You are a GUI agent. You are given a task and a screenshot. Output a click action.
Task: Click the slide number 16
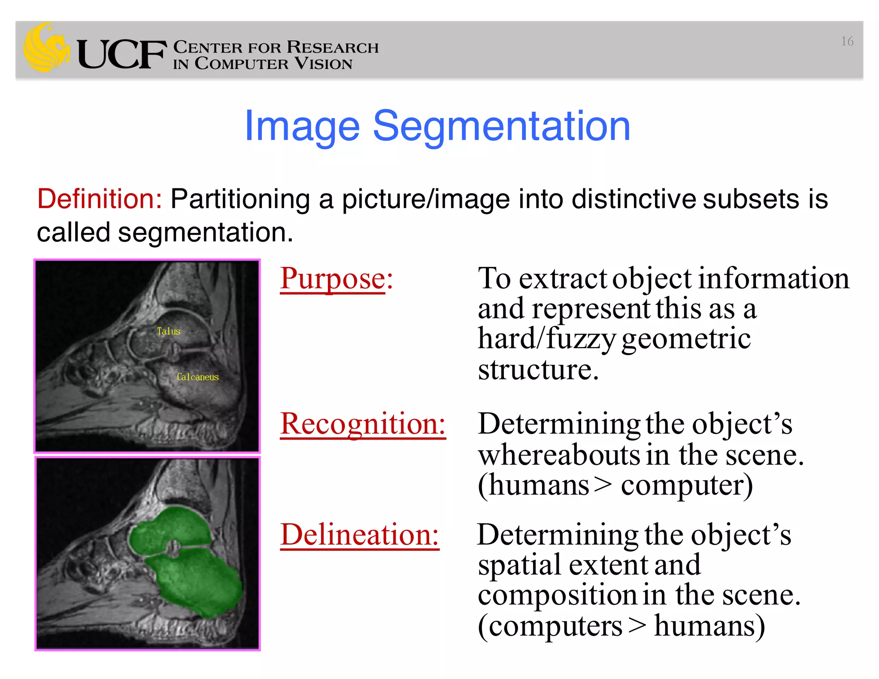pyautogui.click(x=847, y=41)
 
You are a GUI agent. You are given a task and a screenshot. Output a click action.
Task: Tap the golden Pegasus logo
pyautogui.click(x=46, y=47)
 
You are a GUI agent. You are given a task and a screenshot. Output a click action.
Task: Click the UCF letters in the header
pyautogui.click(x=121, y=55)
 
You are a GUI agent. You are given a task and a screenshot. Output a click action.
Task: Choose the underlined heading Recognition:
pyautogui.click(x=363, y=424)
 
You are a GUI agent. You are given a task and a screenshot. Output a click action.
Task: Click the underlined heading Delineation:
pyautogui.click(x=359, y=535)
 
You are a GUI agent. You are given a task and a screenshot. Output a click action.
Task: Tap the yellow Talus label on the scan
pyautogui.click(x=169, y=331)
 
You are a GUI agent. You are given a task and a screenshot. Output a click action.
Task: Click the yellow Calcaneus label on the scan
pyautogui.click(x=197, y=377)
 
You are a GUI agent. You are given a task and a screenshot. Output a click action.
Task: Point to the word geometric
pyautogui.click(x=685, y=339)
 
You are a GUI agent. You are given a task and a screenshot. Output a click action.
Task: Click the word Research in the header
pyautogui.click(x=333, y=47)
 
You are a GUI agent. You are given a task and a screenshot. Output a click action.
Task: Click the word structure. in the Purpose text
pyautogui.click(x=538, y=369)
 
